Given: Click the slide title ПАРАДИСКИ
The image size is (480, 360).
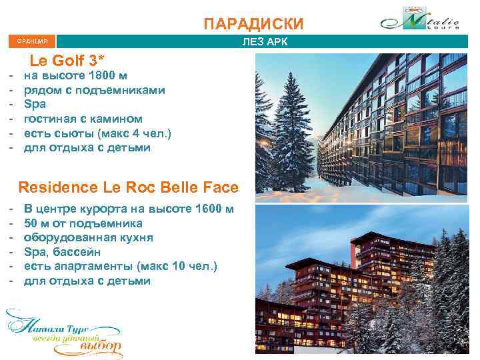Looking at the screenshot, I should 253,25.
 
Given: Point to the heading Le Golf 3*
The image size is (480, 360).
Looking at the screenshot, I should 67,60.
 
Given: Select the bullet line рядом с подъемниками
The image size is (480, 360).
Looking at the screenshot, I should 95,90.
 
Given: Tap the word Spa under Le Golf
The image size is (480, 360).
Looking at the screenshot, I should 34,105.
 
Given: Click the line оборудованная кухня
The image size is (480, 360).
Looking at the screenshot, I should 89,237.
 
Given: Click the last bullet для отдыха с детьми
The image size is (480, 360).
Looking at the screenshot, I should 87,281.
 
